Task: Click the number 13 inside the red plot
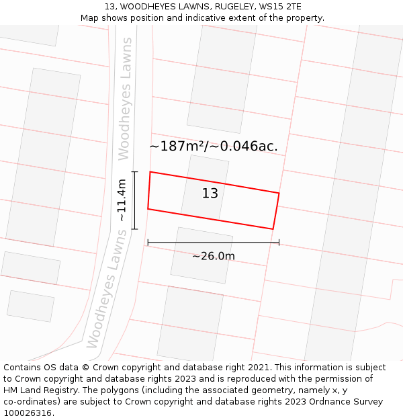click(210, 194)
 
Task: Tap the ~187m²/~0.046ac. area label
click(213, 146)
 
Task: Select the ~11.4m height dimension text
click(121, 200)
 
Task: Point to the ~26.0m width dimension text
click(214, 256)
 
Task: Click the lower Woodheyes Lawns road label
click(107, 290)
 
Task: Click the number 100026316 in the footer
click(28, 413)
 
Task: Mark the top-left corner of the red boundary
click(150, 172)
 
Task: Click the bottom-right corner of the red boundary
click(273, 229)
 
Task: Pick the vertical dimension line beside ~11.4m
click(135, 200)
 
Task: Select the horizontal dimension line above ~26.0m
click(213, 243)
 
